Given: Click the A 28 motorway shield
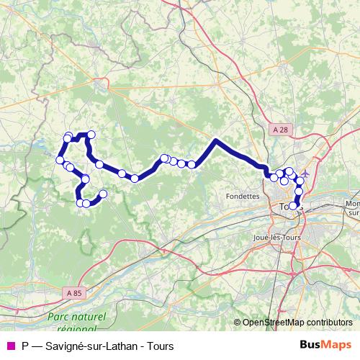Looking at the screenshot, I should (x=282, y=128).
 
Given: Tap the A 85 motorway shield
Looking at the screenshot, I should (x=73, y=293).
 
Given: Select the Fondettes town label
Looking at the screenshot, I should (x=241, y=195).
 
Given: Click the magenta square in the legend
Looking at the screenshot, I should (x=10, y=346).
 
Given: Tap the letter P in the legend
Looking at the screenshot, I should (x=26, y=346).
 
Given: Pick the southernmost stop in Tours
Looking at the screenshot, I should (x=292, y=207).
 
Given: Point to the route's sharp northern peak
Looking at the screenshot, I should (x=216, y=141).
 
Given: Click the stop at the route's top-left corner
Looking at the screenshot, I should (x=68, y=137).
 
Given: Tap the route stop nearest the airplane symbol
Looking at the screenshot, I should (x=299, y=179).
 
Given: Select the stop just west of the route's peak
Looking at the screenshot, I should (x=192, y=165).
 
